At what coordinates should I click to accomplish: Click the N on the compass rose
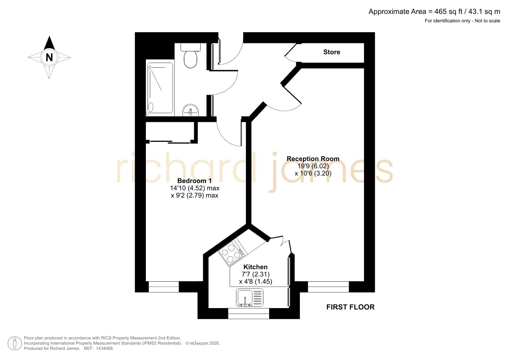click(x=49, y=57)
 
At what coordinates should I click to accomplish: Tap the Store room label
click(x=332, y=52)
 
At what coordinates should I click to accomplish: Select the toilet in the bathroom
click(x=191, y=55)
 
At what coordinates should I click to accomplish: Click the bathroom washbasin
click(x=191, y=110)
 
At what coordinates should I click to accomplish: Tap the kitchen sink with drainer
click(x=250, y=297)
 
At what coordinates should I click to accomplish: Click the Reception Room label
click(x=313, y=159)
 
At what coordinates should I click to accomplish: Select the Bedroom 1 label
click(x=194, y=181)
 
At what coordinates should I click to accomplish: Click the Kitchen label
click(x=256, y=267)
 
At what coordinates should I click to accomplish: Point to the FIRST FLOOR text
click(x=350, y=307)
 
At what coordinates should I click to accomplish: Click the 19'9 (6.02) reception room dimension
click(x=313, y=166)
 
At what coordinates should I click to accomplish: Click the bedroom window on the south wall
click(x=164, y=287)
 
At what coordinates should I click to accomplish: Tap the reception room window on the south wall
click(x=328, y=287)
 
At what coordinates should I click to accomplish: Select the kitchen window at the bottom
click(x=249, y=314)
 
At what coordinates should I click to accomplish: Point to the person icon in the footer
click(x=15, y=343)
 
